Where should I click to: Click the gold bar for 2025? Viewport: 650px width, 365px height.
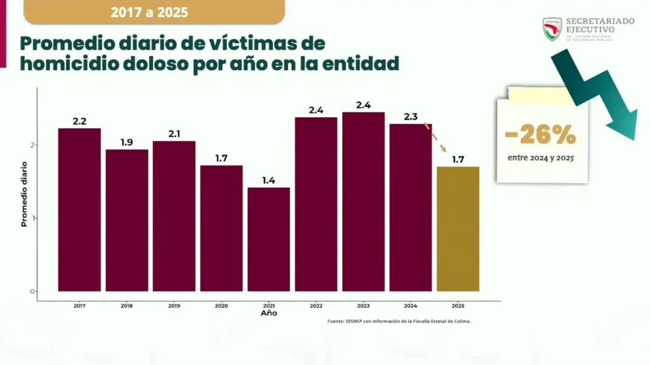pyautogui.click(x=458, y=229)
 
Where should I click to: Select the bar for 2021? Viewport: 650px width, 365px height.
pyautogui.click(x=269, y=240)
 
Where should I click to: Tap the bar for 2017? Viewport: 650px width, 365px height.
pyautogui.click(x=79, y=210)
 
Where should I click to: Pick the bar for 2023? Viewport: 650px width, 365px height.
pyautogui.click(x=363, y=202)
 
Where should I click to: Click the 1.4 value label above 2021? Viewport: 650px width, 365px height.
pyautogui.click(x=269, y=181)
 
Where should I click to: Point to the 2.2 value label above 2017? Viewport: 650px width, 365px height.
pyautogui.click(x=79, y=121)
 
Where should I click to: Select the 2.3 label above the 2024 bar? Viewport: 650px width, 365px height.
pyautogui.click(x=411, y=117)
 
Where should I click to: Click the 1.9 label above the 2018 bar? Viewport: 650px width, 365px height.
pyautogui.click(x=127, y=143)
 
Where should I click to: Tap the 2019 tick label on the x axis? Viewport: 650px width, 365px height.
pyautogui.click(x=174, y=305)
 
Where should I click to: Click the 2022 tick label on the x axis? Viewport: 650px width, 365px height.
pyautogui.click(x=316, y=305)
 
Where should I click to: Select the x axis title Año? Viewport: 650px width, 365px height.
pyautogui.click(x=269, y=313)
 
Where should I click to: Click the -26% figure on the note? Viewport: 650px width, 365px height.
pyautogui.click(x=541, y=135)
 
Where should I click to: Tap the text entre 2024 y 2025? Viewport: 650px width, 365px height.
pyautogui.click(x=541, y=158)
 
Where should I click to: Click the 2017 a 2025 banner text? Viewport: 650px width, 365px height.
pyautogui.click(x=149, y=12)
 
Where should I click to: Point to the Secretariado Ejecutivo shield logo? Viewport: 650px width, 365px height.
pyautogui.click(x=552, y=29)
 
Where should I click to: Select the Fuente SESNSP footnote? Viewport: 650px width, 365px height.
pyautogui.click(x=399, y=321)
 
